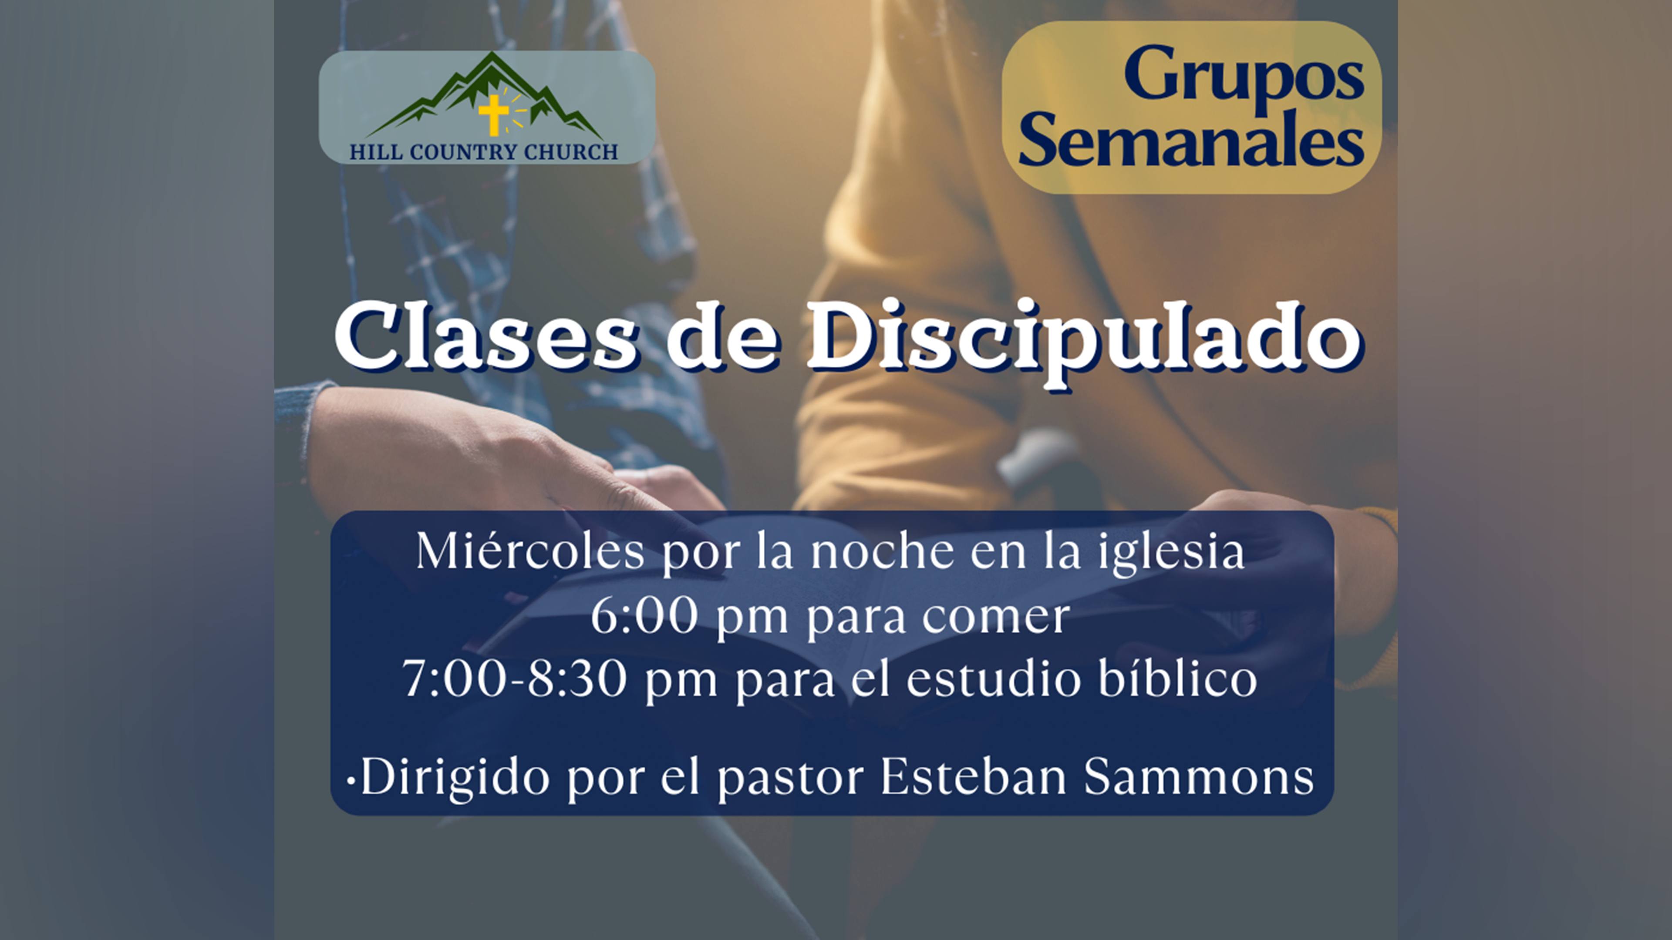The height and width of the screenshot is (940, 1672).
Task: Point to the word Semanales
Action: point(1191,139)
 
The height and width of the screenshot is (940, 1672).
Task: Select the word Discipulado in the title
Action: point(1083,342)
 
